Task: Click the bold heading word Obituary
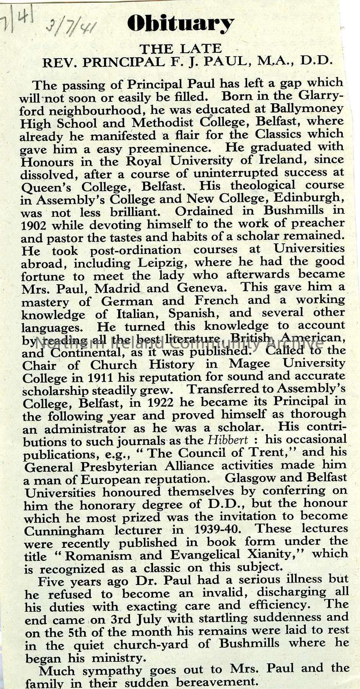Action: click(180, 24)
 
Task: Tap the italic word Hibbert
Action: click(228, 440)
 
